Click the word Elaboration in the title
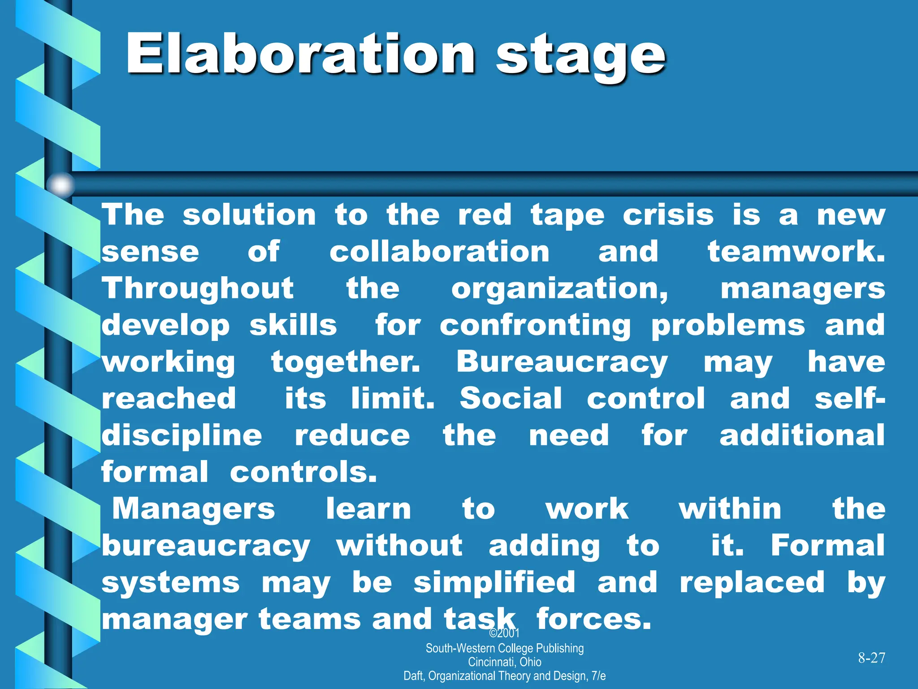[300, 55]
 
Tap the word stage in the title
[580, 57]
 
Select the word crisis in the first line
[668, 215]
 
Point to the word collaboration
[439, 252]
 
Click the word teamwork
[796, 252]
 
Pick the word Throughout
[198, 289]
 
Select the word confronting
[535, 326]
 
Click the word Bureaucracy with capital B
[562, 363]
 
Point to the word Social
[511, 399]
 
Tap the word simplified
[494, 583]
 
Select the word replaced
[752, 583]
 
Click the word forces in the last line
[593, 619]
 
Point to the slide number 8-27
[871, 658]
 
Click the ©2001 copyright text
[504, 633]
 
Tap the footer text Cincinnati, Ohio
[504, 662]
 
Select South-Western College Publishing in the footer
[504, 648]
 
